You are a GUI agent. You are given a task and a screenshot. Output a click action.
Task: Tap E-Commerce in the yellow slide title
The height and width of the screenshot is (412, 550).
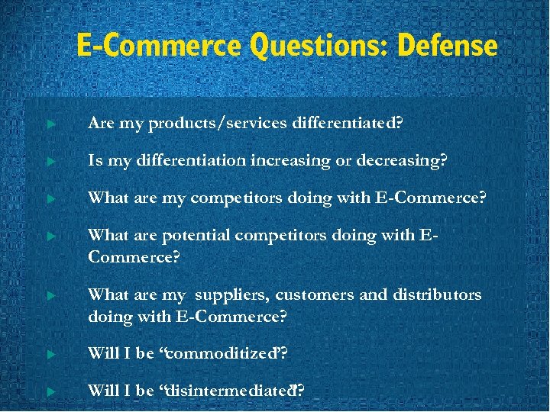(158, 46)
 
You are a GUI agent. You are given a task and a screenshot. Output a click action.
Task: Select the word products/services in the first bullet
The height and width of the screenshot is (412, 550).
(218, 124)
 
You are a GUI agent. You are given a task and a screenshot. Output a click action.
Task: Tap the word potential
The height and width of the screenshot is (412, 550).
(195, 236)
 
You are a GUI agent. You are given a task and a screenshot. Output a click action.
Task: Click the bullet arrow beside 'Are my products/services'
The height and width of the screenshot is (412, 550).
(50, 124)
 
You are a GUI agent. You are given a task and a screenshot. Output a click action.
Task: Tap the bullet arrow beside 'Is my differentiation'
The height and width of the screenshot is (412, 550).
(50, 161)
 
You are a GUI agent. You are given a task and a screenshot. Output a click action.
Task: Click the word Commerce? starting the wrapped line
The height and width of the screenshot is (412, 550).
(134, 257)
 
